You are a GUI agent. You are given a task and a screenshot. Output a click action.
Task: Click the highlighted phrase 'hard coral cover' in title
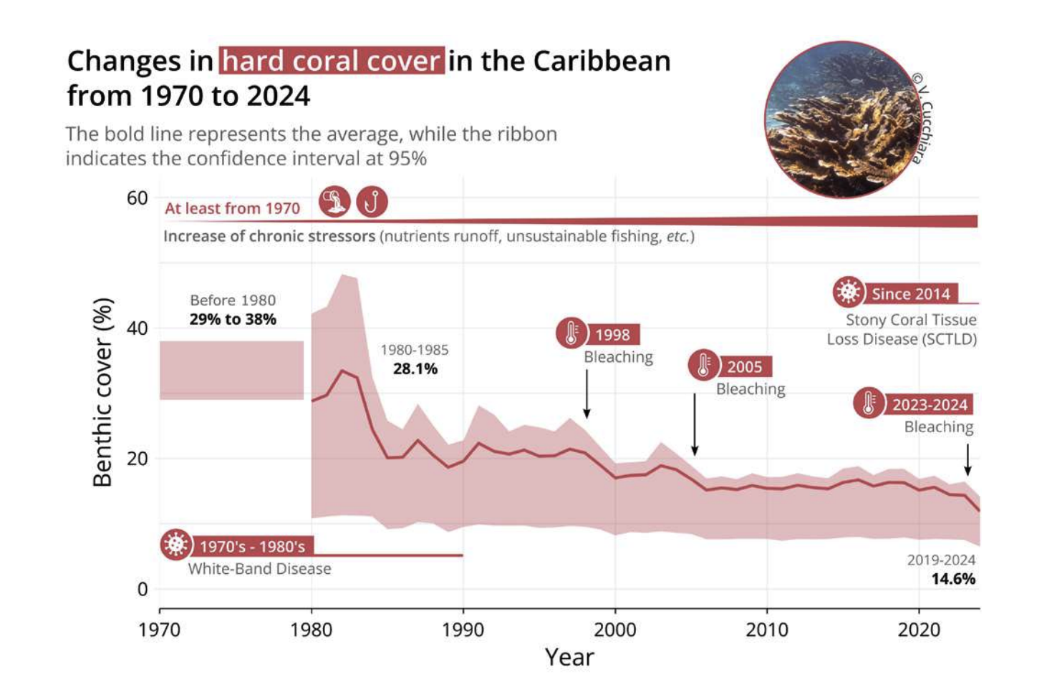tap(332, 61)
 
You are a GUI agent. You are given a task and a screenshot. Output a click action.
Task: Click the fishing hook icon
tap(372, 202)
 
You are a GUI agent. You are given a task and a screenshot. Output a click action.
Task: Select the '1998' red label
tap(613, 335)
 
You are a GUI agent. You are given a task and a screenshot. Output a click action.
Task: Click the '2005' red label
tap(745, 367)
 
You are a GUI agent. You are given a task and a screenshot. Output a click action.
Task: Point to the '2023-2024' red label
tap(930, 404)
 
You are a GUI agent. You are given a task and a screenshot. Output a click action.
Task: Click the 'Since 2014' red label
tap(910, 293)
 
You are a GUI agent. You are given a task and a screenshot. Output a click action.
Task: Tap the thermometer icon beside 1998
tap(571, 333)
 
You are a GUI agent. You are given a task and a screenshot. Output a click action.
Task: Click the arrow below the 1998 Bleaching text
tap(587, 394)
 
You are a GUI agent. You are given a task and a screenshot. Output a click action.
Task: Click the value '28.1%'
tap(415, 369)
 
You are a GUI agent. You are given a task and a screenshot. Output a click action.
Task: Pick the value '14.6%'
tap(953, 579)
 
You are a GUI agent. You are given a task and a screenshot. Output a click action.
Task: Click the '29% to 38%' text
tap(233, 319)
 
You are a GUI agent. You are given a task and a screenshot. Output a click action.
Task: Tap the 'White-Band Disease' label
tap(259, 569)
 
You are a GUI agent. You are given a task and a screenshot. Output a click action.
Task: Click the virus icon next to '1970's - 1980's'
tap(175, 545)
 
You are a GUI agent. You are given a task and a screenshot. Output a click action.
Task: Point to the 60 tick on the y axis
tap(137, 198)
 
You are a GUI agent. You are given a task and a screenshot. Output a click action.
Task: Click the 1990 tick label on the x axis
tap(463, 630)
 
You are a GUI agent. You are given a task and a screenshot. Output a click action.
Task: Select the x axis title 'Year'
tap(569, 657)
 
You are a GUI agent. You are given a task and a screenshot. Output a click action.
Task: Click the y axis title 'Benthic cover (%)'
tap(103, 392)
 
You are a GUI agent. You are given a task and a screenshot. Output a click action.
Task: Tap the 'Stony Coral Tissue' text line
tap(911, 320)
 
